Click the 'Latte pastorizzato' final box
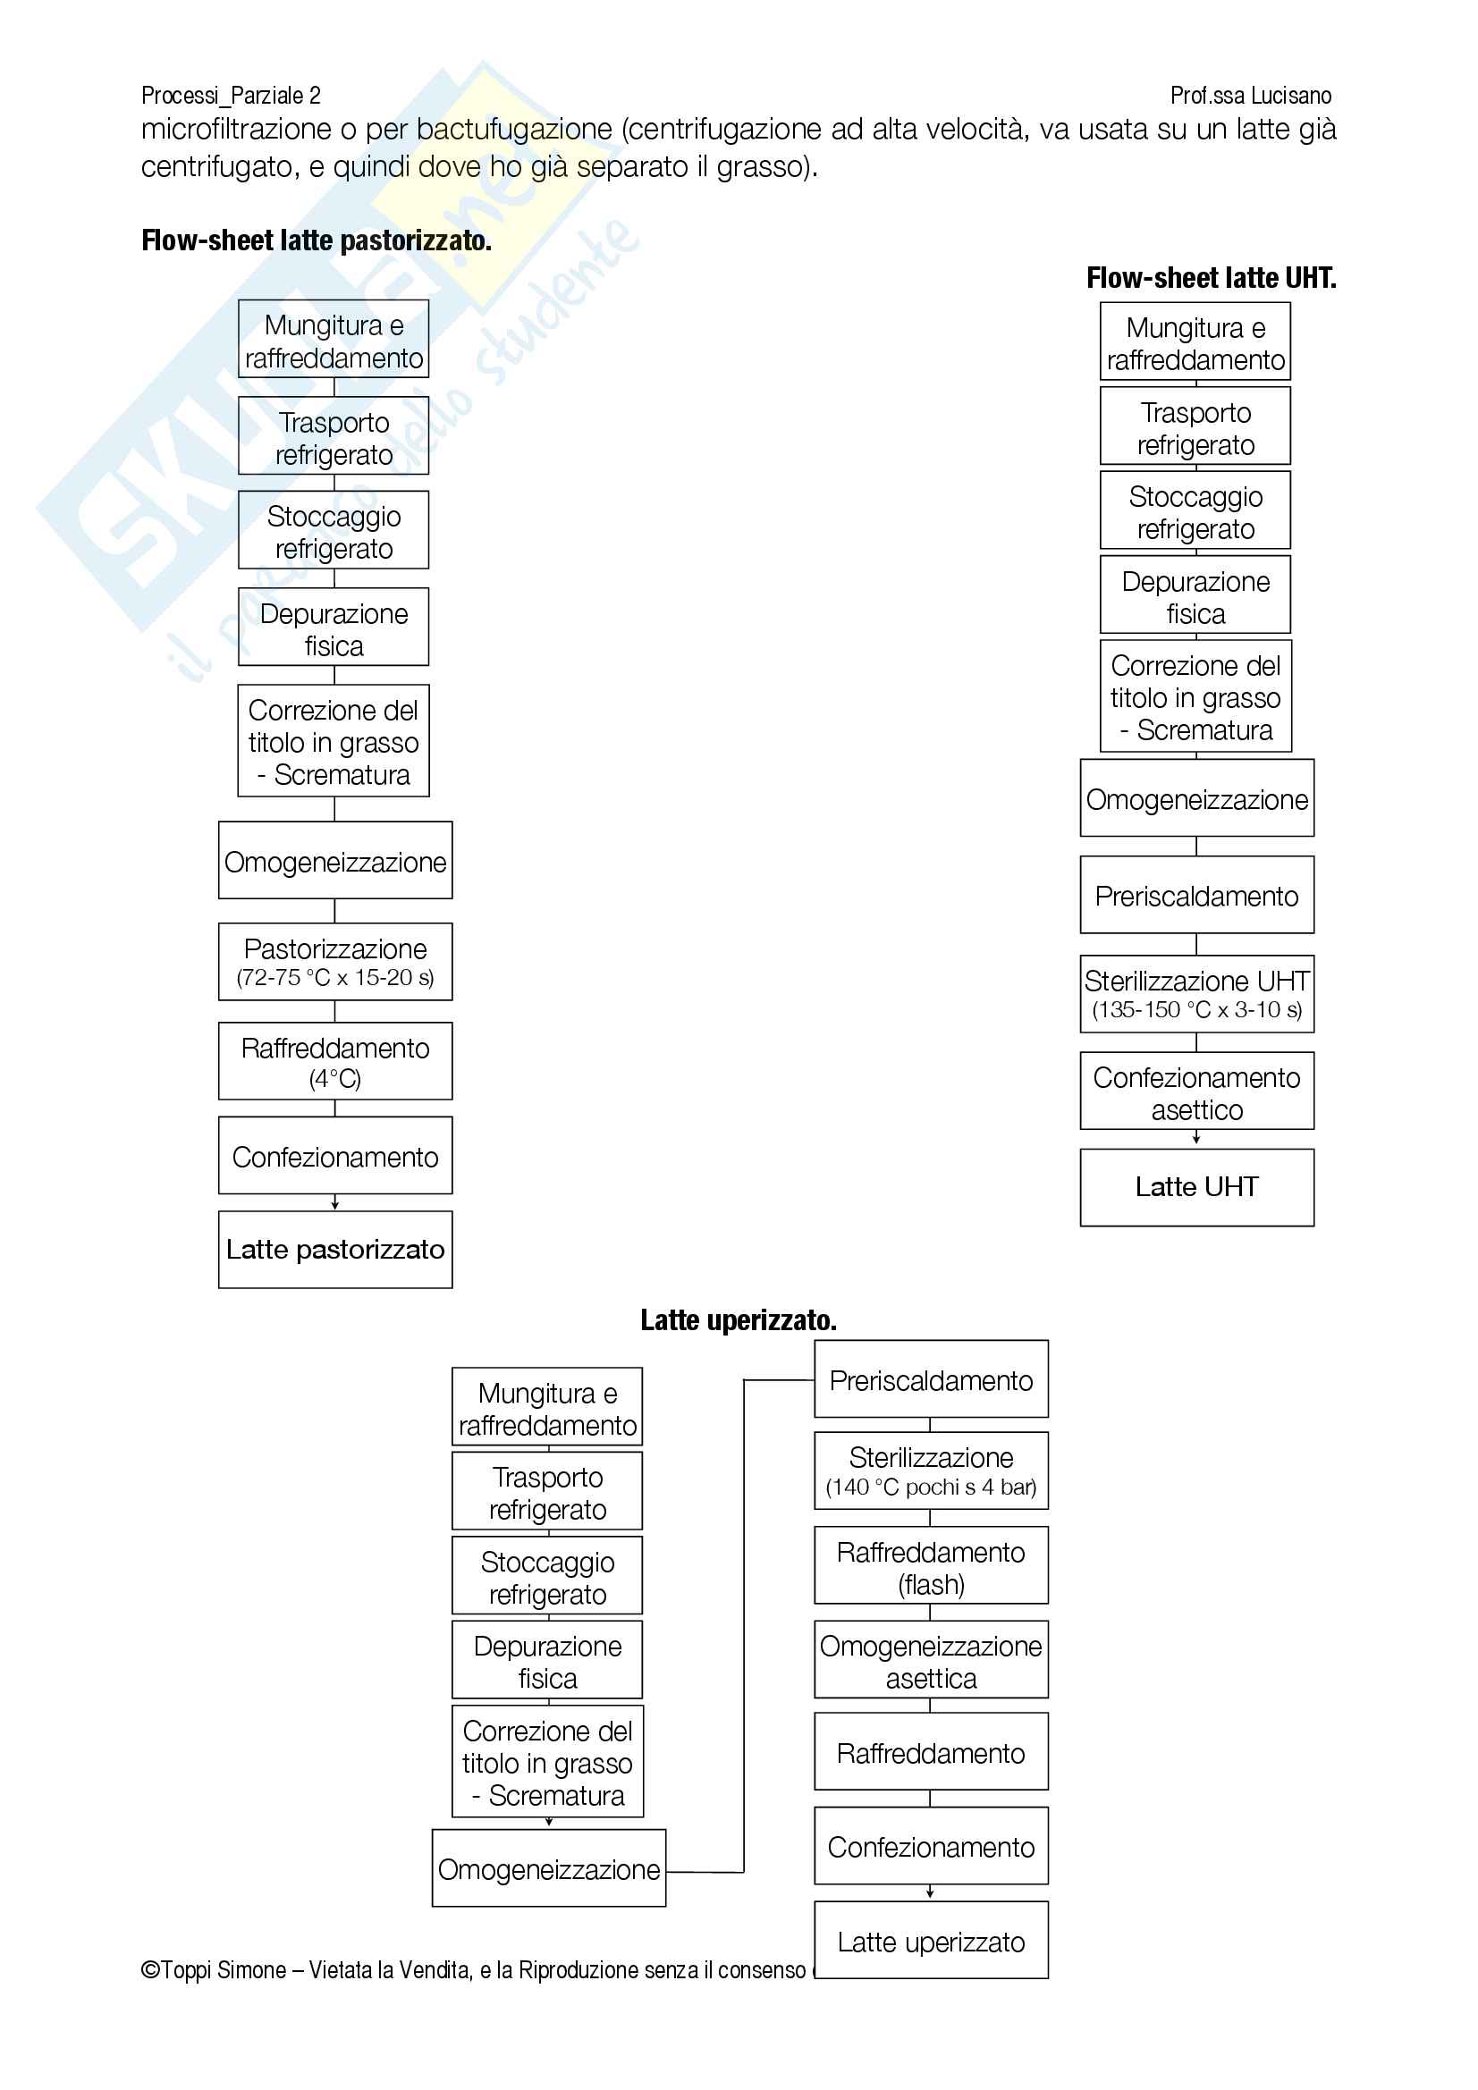335,1249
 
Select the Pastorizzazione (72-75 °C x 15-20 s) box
335,961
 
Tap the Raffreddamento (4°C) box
335,1060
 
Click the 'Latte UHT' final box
1196,1187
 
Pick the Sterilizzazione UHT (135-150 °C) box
1196,993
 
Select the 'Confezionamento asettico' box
1196,1091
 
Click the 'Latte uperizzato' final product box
931,1942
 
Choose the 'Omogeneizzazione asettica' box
931,1661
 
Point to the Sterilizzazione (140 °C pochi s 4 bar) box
931,1471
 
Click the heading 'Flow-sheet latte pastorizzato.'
316,240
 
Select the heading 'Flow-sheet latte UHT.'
1211,278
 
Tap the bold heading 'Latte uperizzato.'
738,1320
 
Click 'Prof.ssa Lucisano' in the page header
1250,96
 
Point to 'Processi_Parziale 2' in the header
231,96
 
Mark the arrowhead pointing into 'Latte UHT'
1196,1140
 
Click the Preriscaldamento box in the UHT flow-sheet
1196,896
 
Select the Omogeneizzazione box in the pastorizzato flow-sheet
335,861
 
